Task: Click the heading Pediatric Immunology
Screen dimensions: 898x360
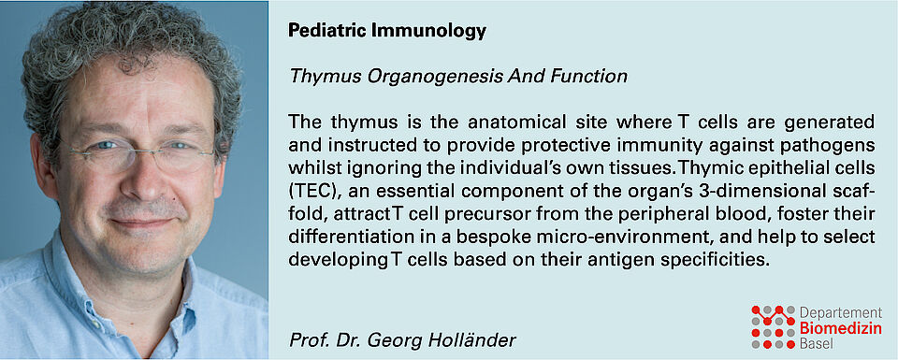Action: [387, 31]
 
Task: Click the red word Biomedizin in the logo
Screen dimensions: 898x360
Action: [840, 328]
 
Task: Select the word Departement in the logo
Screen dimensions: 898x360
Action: [840, 313]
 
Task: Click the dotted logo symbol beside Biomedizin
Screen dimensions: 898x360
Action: [774, 326]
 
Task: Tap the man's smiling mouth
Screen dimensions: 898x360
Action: [142, 222]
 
